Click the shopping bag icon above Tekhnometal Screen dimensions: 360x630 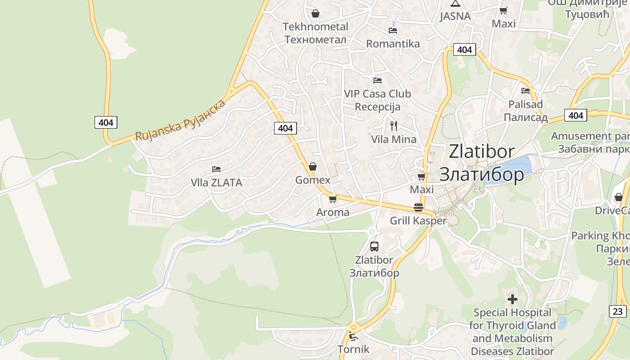[x=315, y=13]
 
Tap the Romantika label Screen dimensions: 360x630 [x=393, y=44]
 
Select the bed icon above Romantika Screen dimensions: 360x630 [x=393, y=31]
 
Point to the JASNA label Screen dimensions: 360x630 [x=455, y=16]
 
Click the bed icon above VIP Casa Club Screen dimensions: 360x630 [x=378, y=81]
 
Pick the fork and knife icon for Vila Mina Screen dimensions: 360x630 [x=394, y=126]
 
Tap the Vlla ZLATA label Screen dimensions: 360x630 [x=216, y=183]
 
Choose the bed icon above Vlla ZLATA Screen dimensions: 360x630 [x=216, y=169]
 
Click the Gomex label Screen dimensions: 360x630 [x=313, y=180]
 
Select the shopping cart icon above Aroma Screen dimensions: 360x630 [x=333, y=199]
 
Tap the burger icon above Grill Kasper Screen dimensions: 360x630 [x=418, y=207]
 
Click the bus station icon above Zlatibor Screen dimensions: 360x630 [x=374, y=246]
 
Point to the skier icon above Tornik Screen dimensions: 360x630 [x=353, y=336]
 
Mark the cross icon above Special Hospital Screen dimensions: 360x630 [x=512, y=299]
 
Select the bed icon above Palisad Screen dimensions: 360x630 [x=525, y=91]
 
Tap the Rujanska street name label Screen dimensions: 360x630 [x=180, y=120]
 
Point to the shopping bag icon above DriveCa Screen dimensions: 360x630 [x=619, y=197]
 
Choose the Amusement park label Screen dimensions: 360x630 [x=589, y=136]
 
